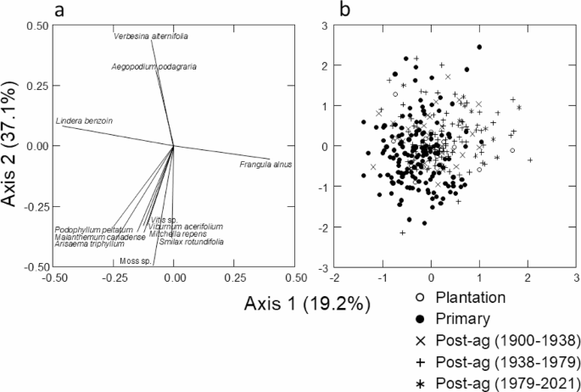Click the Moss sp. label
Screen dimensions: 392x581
[x=135, y=260]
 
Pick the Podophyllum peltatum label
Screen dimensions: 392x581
[x=94, y=230]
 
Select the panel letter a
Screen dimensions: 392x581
[x=59, y=9]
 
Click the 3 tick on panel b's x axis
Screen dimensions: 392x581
[x=576, y=277]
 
